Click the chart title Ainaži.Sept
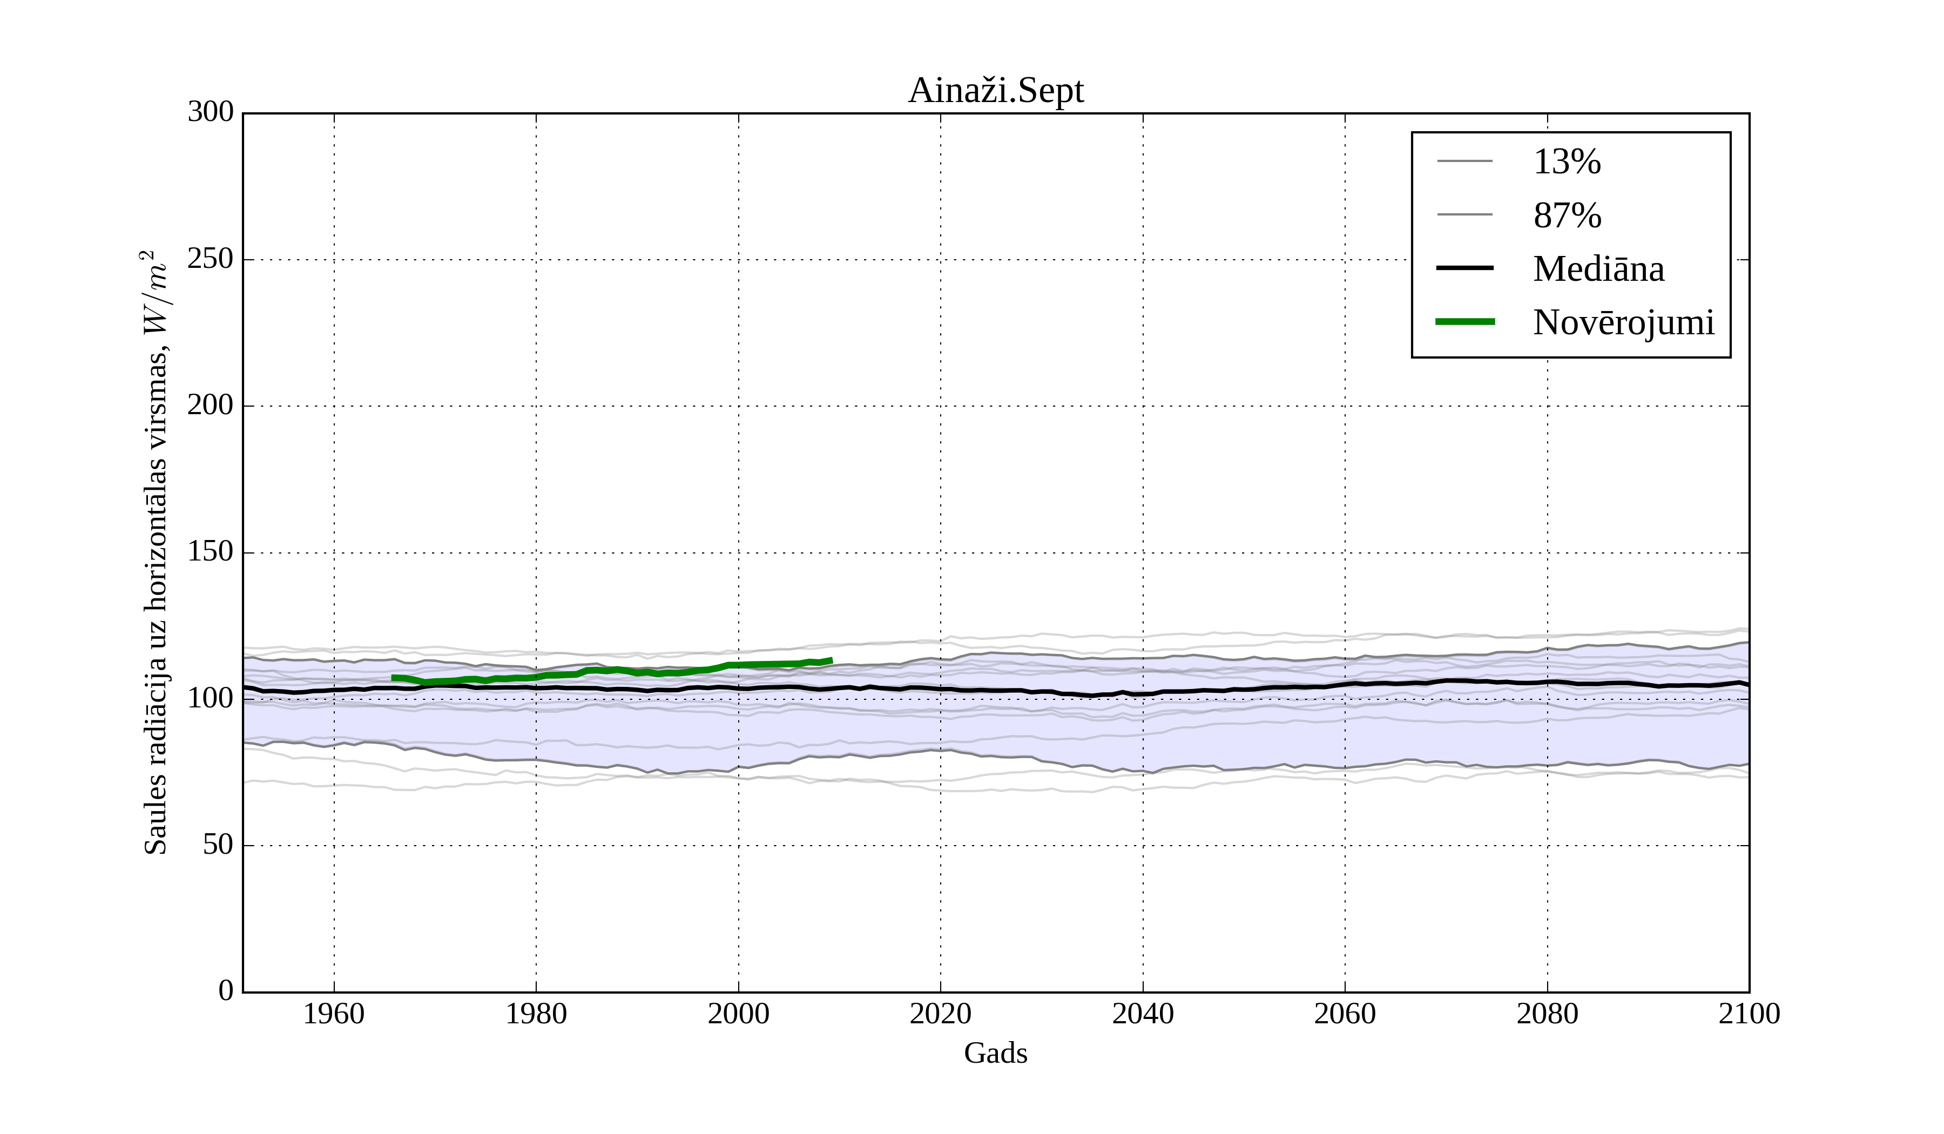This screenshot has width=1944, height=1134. pyautogui.click(x=995, y=91)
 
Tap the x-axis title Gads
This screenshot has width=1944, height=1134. pyautogui.click(x=995, y=1054)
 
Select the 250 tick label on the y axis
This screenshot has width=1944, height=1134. pyautogui.click(x=211, y=259)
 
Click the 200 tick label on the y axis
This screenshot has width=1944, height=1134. pyautogui.click(x=211, y=405)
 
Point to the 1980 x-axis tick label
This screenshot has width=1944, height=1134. pyautogui.click(x=536, y=1014)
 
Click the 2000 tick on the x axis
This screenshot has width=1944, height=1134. pyautogui.click(x=738, y=1014)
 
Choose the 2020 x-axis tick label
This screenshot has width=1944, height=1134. pyautogui.click(x=940, y=1014)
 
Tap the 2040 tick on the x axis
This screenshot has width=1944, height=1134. pyautogui.click(x=1143, y=1014)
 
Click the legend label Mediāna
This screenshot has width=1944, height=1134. pyautogui.click(x=1598, y=269)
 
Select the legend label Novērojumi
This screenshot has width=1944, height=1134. pyautogui.click(x=1623, y=322)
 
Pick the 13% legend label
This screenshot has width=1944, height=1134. pyautogui.click(x=1567, y=162)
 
